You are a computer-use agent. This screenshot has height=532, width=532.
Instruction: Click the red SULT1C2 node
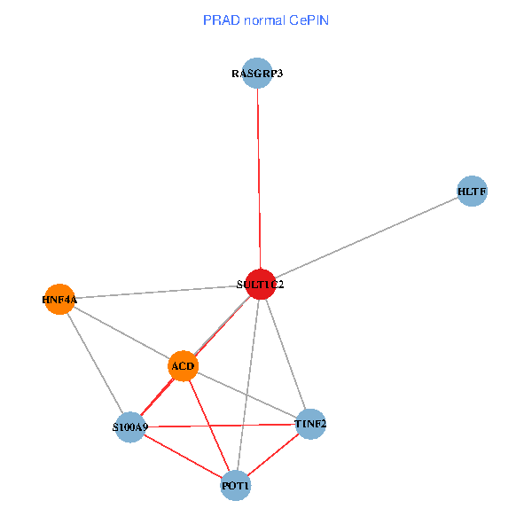pos(260,284)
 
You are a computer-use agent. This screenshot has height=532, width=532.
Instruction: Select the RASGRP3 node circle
pos(257,73)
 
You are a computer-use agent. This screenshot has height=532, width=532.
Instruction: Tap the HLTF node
pos(473,191)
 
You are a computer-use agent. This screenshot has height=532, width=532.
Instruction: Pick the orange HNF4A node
pos(59,299)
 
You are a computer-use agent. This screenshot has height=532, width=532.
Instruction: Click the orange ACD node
pos(183,365)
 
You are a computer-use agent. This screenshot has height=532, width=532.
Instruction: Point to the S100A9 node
pos(130,427)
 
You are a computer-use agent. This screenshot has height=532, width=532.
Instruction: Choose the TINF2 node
pos(310,424)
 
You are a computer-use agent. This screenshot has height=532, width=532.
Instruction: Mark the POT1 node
pos(236,486)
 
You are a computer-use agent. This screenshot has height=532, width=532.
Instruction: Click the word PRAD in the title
pos(219,20)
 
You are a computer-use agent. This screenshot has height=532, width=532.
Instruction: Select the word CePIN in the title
pos(308,20)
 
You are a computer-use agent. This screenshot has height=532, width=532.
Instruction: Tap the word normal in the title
pos(262,20)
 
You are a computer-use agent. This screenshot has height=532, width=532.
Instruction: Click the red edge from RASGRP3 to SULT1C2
pos(258,177)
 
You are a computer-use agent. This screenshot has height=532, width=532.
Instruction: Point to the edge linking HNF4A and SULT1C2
pos(160,292)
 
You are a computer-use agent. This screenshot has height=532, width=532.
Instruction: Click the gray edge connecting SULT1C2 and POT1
pos(248,381)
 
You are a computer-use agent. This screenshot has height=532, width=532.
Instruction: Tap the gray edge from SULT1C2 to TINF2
pos(285,354)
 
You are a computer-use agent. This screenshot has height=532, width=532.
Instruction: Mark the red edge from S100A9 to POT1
pos(183,457)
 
